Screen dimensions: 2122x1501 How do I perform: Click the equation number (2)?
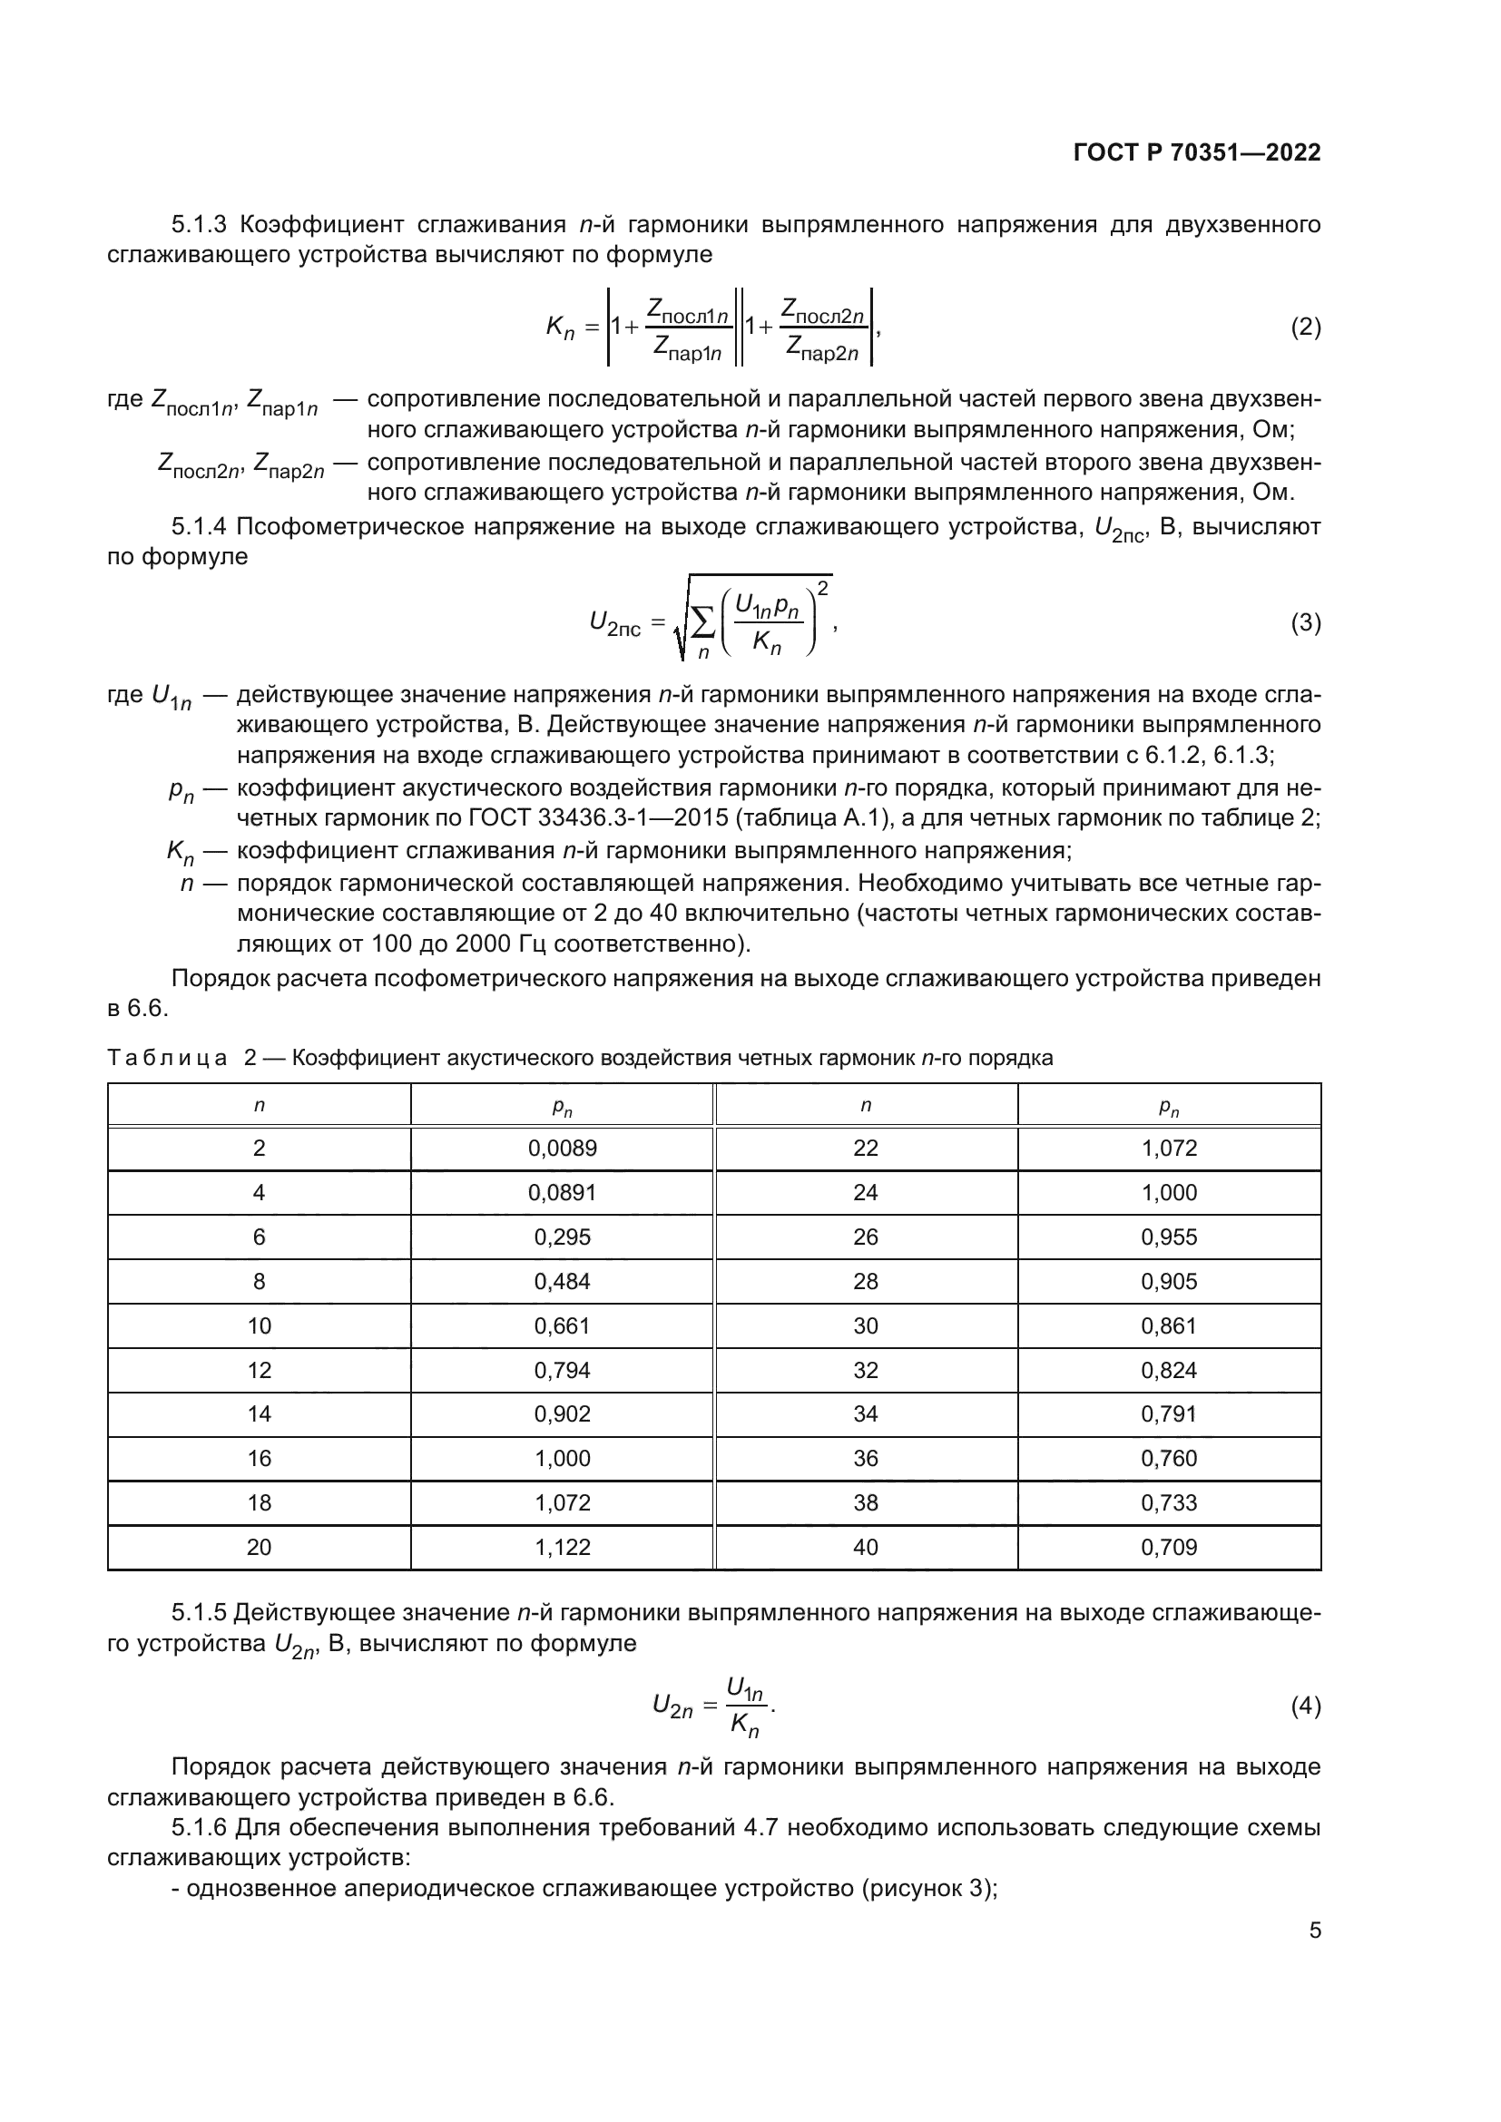(x=1305, y=328)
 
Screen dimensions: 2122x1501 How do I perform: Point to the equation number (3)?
(x=1305, y=623)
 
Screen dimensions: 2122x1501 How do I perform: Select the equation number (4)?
(x=1305, y=1706)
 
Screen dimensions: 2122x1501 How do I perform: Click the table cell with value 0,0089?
(x=562, y=1149)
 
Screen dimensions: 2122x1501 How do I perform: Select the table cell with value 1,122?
(x=562, y=1548)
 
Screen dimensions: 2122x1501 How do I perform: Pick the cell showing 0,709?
(x=1168, y=1548)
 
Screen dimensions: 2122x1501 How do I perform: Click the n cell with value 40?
(x=865, y=1548)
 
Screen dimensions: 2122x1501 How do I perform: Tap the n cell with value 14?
(x=259, y=1415)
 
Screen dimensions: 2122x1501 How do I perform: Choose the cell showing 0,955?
(x=1168, y=1237)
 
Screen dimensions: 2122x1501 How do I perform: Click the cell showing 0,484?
(x=562, y=1282)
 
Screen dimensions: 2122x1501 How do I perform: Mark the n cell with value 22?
(x=865, y=1149)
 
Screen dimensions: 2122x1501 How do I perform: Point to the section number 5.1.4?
(x=199, y=528)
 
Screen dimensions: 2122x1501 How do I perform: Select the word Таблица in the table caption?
(x=166, y=1058)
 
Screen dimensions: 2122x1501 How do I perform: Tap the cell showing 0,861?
(x=1168, y=1326)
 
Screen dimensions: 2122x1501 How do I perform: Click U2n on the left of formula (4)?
(x=672, y=1707)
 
